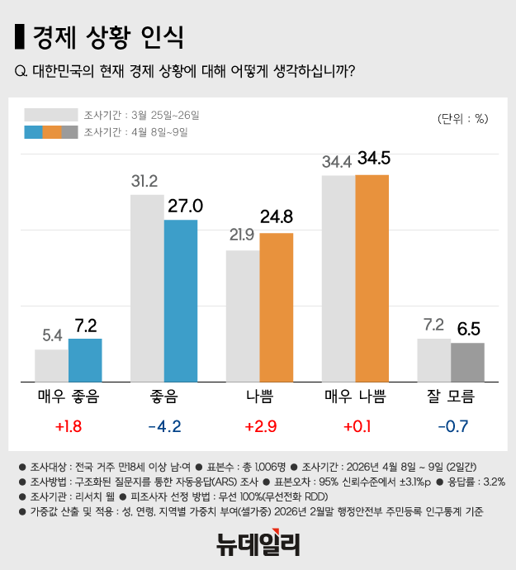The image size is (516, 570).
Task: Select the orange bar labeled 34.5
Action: [372, 278]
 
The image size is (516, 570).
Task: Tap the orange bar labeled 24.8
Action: [276, 307]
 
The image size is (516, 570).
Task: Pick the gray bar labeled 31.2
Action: [147, 288]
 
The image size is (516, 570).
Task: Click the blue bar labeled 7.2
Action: [85, 360]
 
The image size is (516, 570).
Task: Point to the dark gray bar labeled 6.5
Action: [467, 362]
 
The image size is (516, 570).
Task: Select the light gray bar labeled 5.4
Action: [51, 365]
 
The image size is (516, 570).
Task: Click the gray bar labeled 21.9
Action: [243, 316]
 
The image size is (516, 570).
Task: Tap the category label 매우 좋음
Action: [69, 397]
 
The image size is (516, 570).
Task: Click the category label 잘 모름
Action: [450, 397]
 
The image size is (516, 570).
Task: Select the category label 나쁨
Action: [259, 397]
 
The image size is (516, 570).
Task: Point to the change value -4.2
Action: [163, 427]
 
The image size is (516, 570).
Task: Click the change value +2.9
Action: [259, 427]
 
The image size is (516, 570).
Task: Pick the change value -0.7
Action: [450, 427]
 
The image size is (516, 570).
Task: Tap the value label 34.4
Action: [337, 162]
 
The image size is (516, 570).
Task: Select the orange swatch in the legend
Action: [51, 132]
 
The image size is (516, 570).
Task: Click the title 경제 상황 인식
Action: [107, 37]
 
